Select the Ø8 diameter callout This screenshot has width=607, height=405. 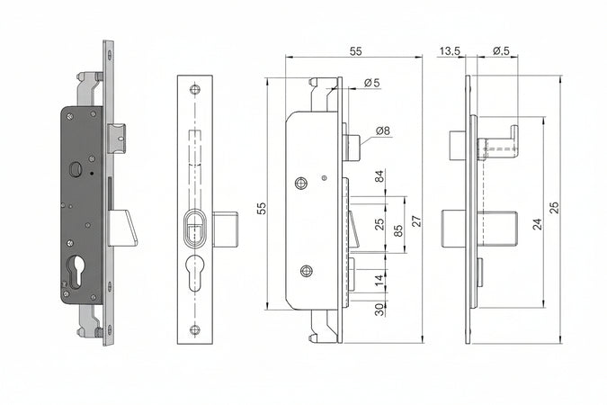coord(381,131)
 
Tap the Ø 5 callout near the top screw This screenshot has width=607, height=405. coord(371,84)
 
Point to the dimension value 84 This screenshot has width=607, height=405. coord(379,176)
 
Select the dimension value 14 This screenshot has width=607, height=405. coord(379,280)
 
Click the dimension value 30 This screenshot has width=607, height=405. coord(379,309)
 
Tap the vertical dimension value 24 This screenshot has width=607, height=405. coord(537,224)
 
